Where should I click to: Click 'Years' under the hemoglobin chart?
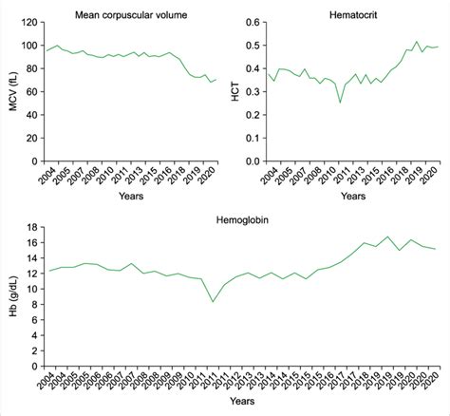tap(235, 404)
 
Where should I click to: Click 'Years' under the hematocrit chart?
tap(350, 195)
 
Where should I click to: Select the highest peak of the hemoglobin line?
tap(385, 236)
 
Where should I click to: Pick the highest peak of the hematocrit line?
tap(416, 42)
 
